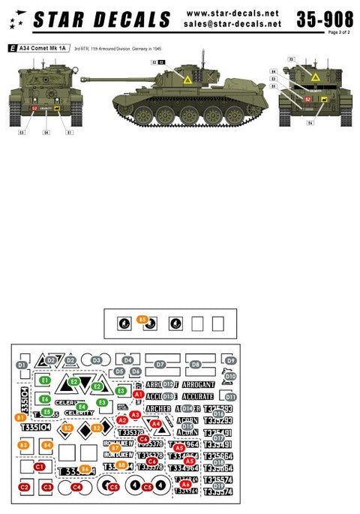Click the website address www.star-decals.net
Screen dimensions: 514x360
point(232,13)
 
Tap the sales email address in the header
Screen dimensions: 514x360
point(232,24)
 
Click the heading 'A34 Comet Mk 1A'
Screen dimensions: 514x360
point(45,47)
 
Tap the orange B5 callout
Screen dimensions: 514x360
point(142,320)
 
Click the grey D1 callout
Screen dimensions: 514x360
point(21,365)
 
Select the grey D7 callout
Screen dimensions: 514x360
point(159,365)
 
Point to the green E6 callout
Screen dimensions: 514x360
point(45,398)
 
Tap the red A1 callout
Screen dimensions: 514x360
point(138,394)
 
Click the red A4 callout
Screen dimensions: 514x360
point(156,424)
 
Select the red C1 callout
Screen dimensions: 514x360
point(39,467)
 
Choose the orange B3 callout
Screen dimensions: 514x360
point(23,446)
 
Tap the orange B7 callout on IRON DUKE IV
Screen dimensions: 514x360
point(115,448)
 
